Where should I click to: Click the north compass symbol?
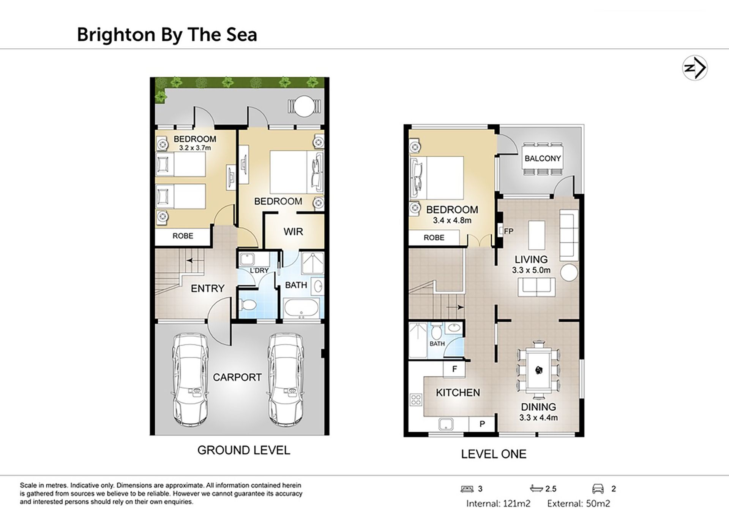[x=695, y=68]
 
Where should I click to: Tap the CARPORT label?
[x=237, y=377]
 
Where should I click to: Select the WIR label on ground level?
[x=293, y=231]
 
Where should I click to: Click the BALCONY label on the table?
[x=543, y=159]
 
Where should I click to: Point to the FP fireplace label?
[x=509, y=231]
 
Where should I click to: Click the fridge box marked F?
[x=454, y=369]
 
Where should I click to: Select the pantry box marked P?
[x=482, y=424]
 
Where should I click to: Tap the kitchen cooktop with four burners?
[x=416, y=399]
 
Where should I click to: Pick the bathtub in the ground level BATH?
[x=301, y=307]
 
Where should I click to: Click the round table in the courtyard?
[x=303, y=106]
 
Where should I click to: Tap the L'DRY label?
[x=259, y=270]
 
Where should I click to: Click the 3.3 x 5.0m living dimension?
[x=531, y=270]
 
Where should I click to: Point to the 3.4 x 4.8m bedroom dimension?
[x=452, y=220]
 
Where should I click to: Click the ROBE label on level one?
[x=434, y=238]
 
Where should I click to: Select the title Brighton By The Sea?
[x=167, y=35]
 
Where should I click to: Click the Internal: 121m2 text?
[x=498, y=503]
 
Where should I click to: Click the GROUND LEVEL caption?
[x=244, y=450]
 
